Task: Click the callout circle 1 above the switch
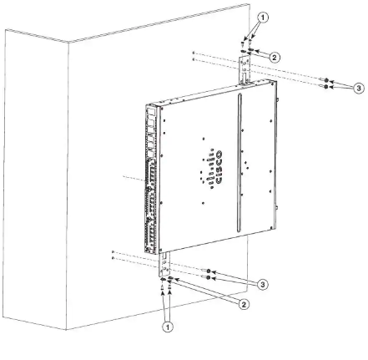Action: (x=263, y=18)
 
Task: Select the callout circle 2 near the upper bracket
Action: (x=275, y=58)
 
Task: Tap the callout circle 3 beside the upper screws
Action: (x=359, y=89)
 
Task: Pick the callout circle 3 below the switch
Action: (x=263, y=285)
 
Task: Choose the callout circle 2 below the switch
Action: (x=244, y=305)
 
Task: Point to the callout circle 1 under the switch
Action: (x=168, y=327)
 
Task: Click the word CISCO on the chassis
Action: (x=219, y=167)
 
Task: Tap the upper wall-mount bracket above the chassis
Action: (x=244, y=70)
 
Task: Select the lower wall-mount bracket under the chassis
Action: (x=164, y=265)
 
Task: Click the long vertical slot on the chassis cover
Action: (x=239, y=163)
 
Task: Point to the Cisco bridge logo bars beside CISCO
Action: (x=209, y=170)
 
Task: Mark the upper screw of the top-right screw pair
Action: (x=325, y=80)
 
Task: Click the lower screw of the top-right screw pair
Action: (x=325, y=87)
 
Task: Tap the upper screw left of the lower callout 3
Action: (x=209, y=271)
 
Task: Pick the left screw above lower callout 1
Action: (x=162, y=288)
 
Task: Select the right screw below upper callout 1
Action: (x=251, y=42)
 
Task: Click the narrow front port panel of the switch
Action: (x=151, y=179)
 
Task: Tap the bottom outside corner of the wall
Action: (x=67, y=330)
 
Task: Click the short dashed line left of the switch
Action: (x=134, y=179)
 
